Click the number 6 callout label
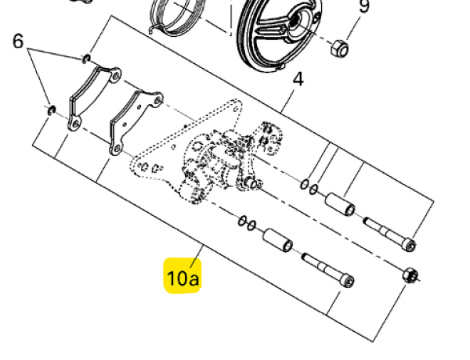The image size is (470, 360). pos(18,41)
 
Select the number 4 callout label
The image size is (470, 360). pos(297,80)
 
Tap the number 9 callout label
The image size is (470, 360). pos(363,8)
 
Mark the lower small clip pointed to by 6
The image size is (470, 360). pos(51,110)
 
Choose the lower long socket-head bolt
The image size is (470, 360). pos(327,271)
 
